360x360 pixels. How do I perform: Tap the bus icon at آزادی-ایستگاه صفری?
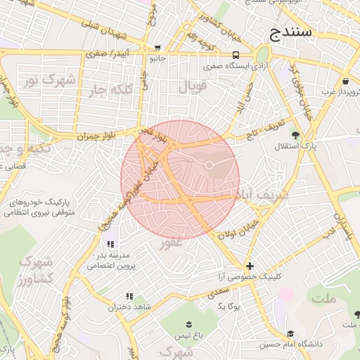236,55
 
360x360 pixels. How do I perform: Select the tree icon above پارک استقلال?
295,135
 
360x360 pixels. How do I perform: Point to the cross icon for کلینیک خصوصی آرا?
250,266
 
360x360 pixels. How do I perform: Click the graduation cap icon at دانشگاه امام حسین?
290,333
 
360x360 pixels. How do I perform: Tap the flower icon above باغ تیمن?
188,324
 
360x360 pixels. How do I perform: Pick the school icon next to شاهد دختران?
129,297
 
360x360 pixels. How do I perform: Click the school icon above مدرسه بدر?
109,243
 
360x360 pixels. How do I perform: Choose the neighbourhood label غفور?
172,243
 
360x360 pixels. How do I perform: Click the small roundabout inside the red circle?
210,165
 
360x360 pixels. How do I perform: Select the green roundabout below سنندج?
262,54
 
